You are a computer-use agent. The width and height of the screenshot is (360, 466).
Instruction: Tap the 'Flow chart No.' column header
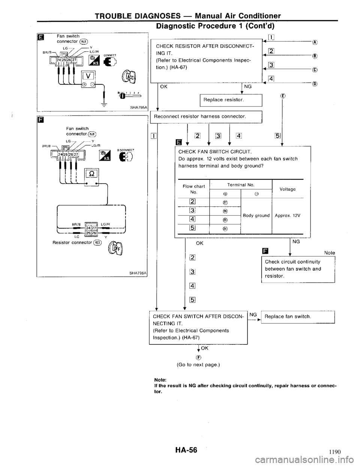(193, 189)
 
